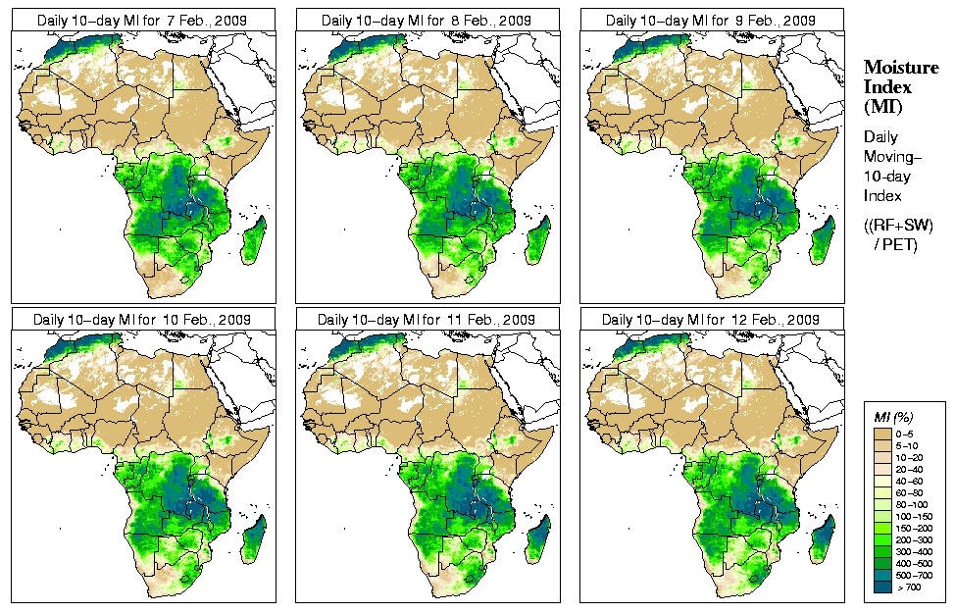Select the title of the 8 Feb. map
pos(427,21)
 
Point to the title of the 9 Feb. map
pos(712,21)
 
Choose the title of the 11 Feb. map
pos(427,320)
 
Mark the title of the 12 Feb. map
pos(712,320)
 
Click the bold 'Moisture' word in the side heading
pos(895,67)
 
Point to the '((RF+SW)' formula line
pos(898,226)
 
